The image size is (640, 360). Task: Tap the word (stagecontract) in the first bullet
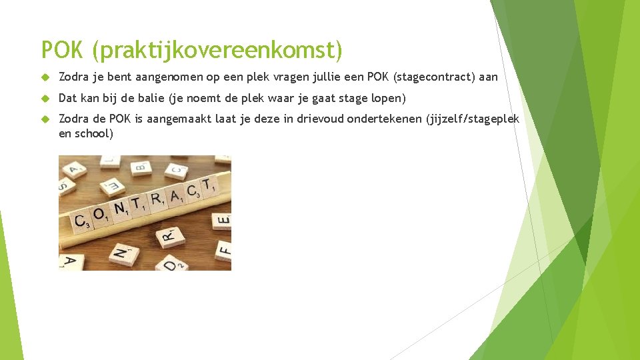435,77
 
